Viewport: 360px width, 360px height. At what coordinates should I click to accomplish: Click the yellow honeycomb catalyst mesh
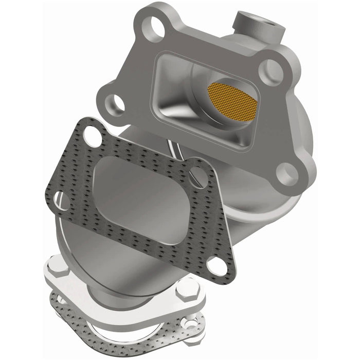click(232, 98)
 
